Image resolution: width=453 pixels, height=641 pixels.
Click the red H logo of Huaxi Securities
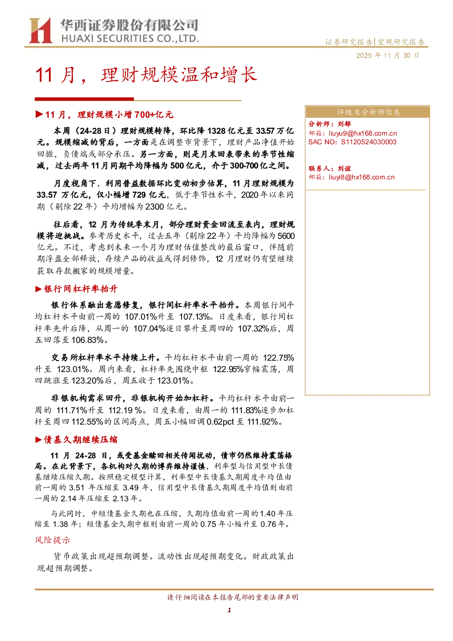pyautogui.click(x=40, y=30)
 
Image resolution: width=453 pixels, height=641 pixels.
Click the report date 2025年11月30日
pyautogui.click(x=387, y=56)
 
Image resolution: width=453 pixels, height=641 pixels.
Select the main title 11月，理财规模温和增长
pyautogui.click(x=146, y=75)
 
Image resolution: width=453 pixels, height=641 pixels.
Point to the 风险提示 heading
pyautogui.click(x=52, y=540)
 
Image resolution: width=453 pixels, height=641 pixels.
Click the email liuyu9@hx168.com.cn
pyautogui.click(x=363, y=133)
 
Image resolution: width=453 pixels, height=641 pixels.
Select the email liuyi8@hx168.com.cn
pyautogui.click(x=361, y=177)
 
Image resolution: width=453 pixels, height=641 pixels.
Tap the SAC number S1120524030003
pyautogui.click(x=369, y=142)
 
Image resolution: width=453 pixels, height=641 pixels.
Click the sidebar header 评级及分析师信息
pyautogui.click(x=368, y=112)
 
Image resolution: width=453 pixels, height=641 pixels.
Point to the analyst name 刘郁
pyautogui.click(x=344, y=124)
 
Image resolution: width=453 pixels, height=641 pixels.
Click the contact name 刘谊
pyautogui.click(x=344, y=168)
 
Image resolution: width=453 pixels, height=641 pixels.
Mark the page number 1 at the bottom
pyautogui.click(x=229, y=610)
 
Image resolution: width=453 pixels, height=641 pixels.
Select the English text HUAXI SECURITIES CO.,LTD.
pyautogui.click(x=130, y=38)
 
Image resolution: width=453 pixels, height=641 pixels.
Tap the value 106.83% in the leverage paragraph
pyautogui.click(x=88, y=340)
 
